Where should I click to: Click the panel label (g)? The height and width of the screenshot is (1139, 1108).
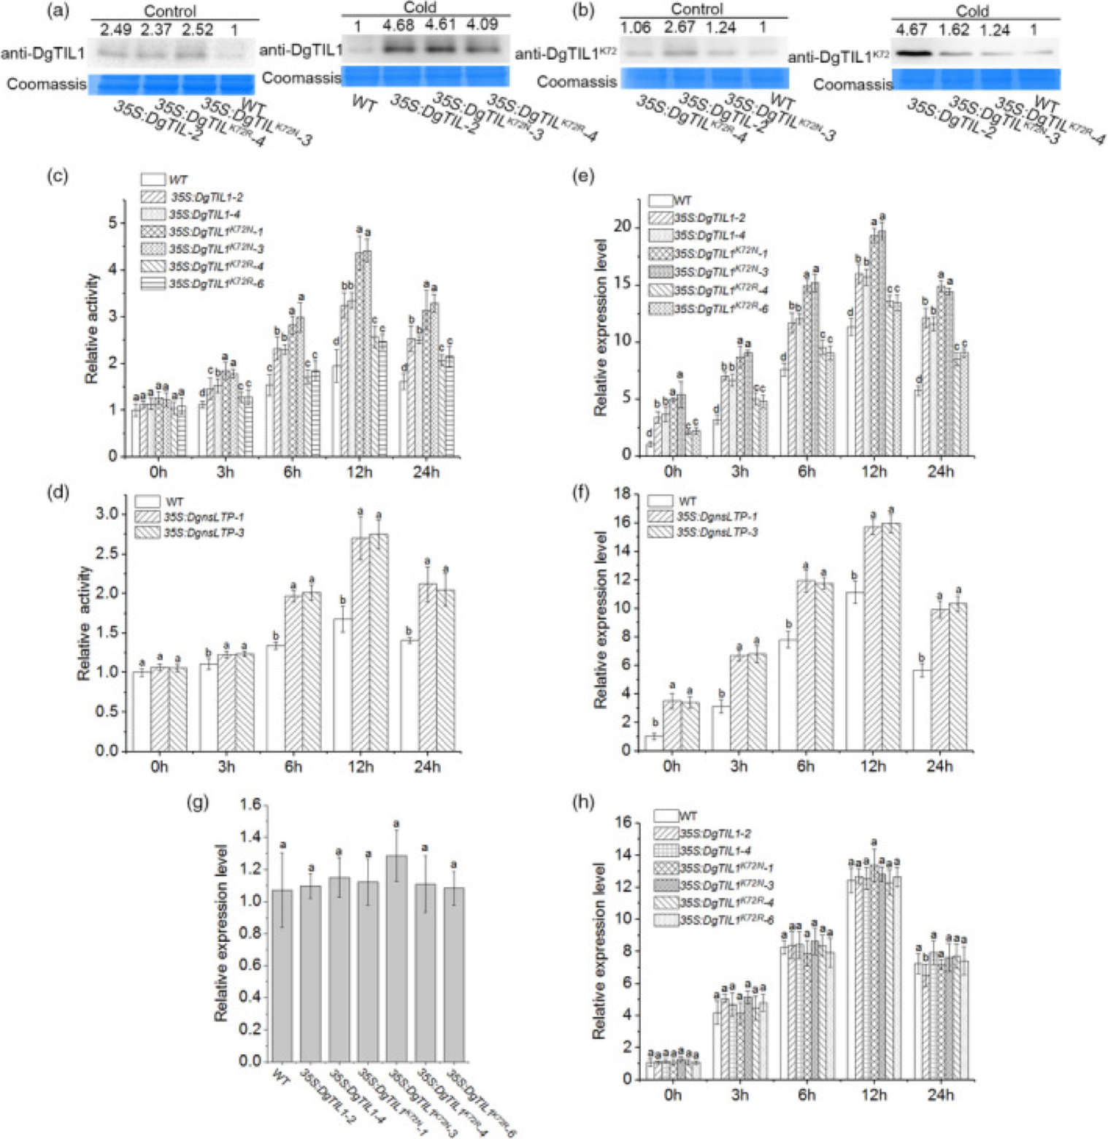tap(198, 802)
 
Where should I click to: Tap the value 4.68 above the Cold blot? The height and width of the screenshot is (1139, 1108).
tap(399, 25)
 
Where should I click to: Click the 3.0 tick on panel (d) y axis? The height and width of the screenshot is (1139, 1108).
tap(107, 514)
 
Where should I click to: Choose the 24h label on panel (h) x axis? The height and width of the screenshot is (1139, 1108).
tap(940, 1094)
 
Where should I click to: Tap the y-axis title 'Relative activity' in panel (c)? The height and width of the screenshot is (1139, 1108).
tap(91, 329)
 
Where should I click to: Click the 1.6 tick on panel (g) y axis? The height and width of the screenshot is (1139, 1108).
tap(250, 805)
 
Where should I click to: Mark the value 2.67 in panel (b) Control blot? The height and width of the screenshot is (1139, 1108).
tap(679, 28)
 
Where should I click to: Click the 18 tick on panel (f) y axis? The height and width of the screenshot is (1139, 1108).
tap(622, 494)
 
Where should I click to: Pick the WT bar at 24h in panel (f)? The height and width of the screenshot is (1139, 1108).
tap(922, 710)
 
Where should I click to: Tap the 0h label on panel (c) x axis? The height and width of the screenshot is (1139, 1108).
tap(158, 472)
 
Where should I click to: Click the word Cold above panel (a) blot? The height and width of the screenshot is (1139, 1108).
tap(420, 8)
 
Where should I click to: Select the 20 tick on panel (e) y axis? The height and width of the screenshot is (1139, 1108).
tap(622, 227)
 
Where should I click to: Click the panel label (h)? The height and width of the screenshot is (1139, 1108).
tap(585, 802)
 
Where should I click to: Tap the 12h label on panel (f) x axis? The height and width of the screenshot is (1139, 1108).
tap(873, 766)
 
